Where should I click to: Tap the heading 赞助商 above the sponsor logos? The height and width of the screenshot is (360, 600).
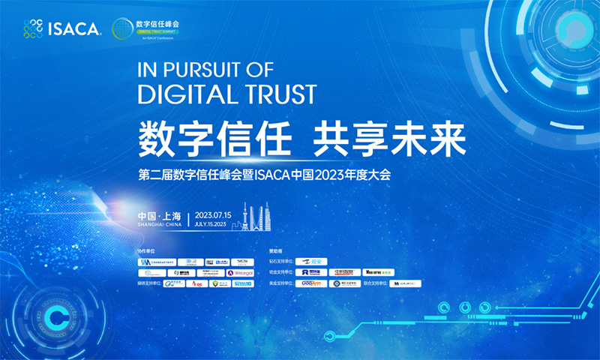pos(275,250)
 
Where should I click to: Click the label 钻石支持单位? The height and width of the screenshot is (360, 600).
pos(280,262)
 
